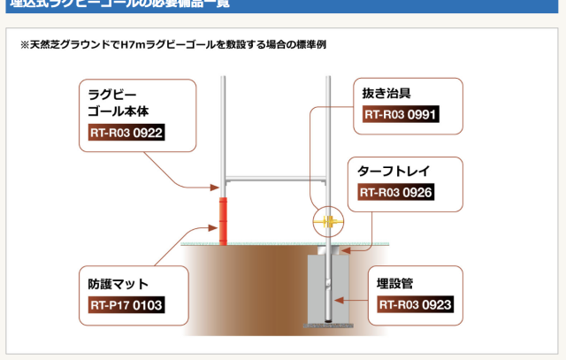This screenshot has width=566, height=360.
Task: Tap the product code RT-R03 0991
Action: tap(401, 114)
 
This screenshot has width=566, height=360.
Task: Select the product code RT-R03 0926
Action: tap(395, 192)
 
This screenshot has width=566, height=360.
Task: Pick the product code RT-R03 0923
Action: tap(416, 305)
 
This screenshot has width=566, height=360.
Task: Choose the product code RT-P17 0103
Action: tap(126, 307)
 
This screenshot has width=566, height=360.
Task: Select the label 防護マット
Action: tap(119, 284)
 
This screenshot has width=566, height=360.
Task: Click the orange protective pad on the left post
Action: tap(224, 218)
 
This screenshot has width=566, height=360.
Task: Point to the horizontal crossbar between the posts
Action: tap(276, 179)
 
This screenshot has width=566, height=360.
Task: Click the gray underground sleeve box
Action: tap(329, 287)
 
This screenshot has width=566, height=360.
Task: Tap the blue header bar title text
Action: tap(119, 4)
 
